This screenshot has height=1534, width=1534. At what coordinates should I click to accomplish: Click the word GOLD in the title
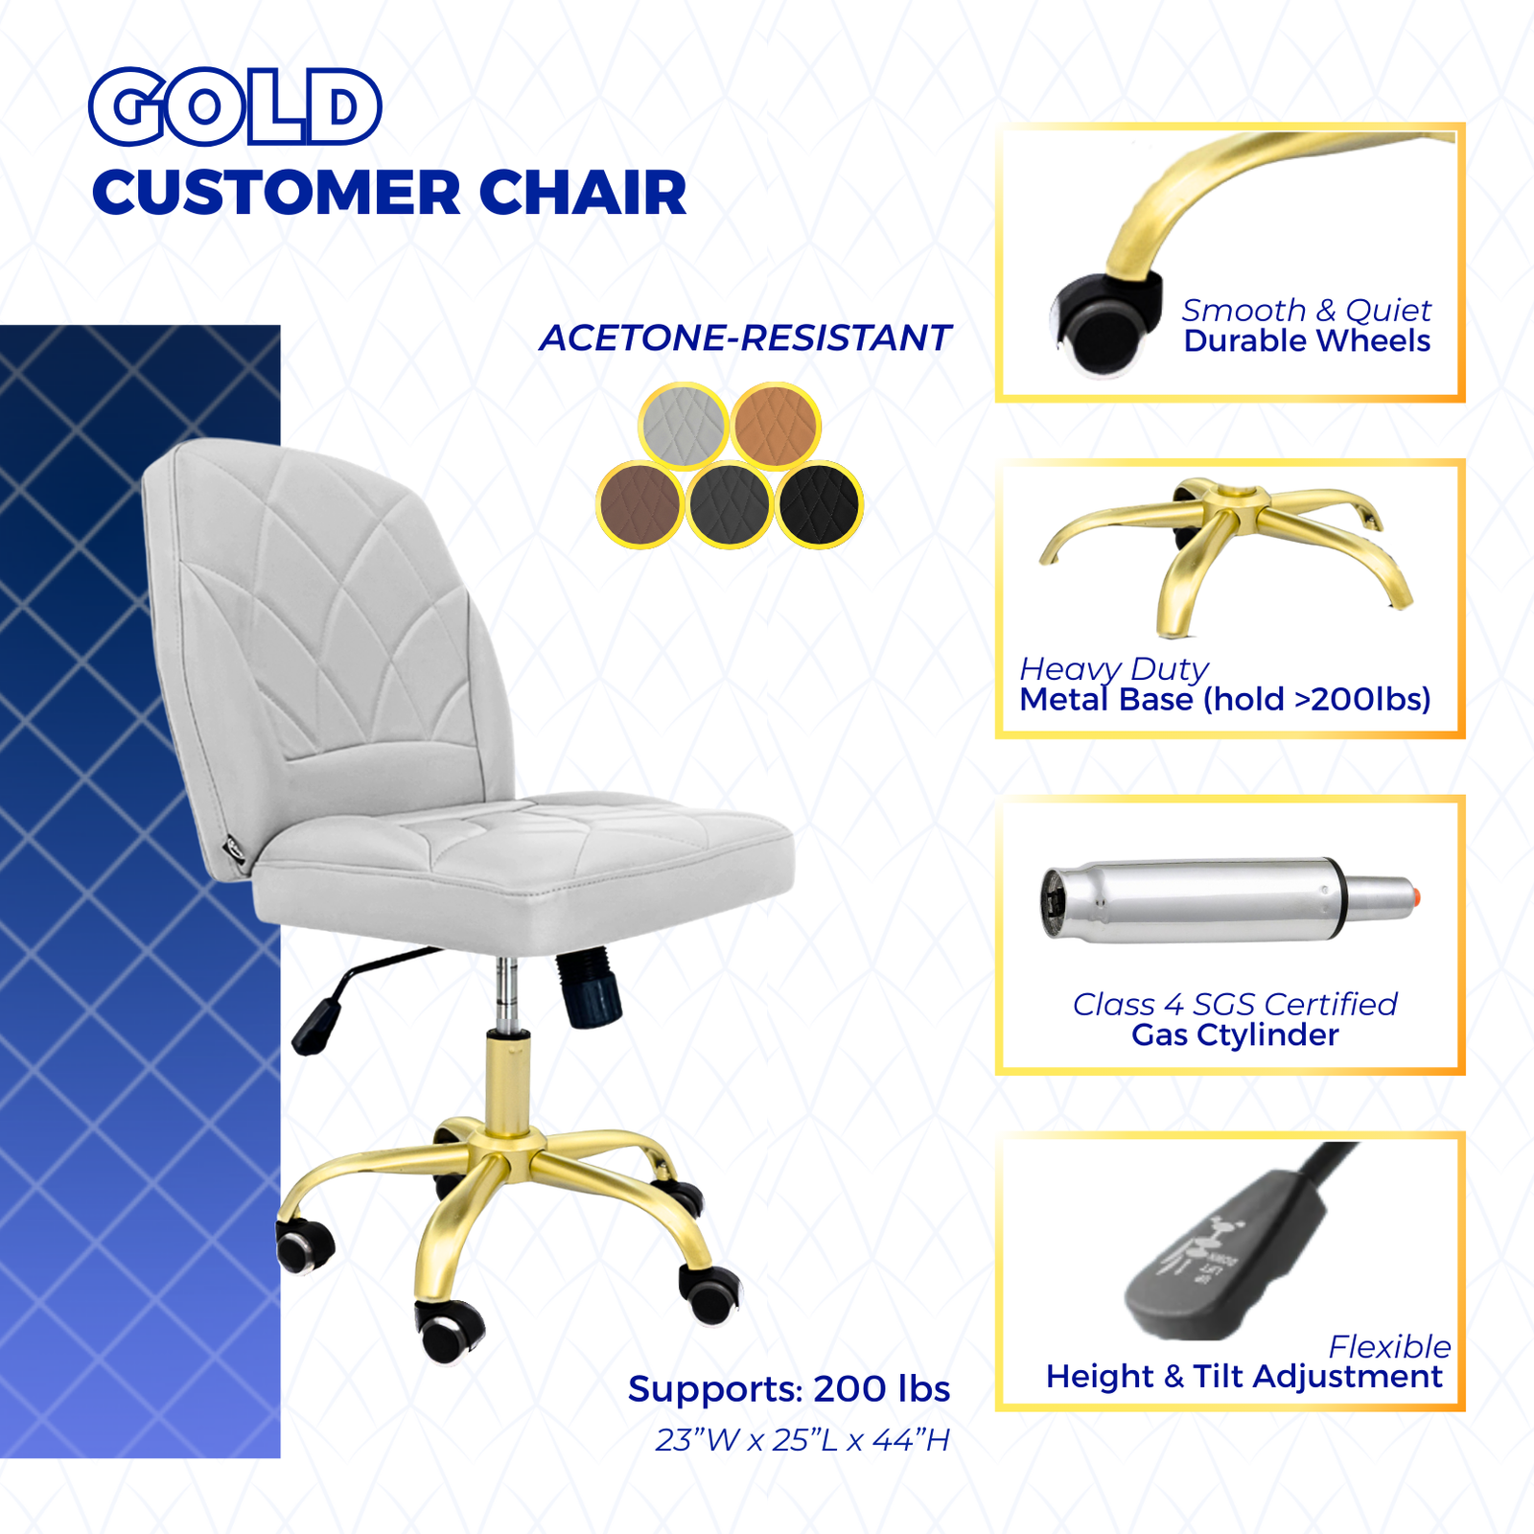pyautogui.click(x=235, y=106)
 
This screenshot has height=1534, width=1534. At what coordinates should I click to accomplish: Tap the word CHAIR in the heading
pyautogui.click(x=583, y=193)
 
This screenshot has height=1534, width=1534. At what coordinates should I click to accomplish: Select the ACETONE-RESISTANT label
pyautogui.click(x=745, y=337)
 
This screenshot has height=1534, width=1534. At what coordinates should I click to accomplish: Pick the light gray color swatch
pyautogui.click(x=684, y=426)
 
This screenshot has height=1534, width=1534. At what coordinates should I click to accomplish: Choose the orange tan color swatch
pyautogui.click(x=776, y=426)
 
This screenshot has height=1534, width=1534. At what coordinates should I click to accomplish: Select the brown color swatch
pyautogui.click(x=639, y=504)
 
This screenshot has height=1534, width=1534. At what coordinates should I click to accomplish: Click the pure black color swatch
pyautogui.click(x=820, y=504)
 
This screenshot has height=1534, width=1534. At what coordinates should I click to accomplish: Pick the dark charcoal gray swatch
pyautogui.click(x=730, y=504)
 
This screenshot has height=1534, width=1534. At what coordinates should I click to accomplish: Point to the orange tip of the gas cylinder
pyautogui.click(x=1415, y=897)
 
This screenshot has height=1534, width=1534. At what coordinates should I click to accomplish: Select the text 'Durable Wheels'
pyautogui.click(x=1307, y=340)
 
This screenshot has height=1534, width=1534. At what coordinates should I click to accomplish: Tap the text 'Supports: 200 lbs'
pyautogui.click(x=789, y=1388)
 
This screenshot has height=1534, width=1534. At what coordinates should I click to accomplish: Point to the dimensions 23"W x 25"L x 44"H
pyautogui.click(x=802, y=1440)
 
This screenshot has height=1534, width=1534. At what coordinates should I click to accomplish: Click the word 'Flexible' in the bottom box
pyautogui.click(x=1389, y=1347)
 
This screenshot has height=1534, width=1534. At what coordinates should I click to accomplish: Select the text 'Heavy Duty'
pyautogui.click(x=1114, y=669)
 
